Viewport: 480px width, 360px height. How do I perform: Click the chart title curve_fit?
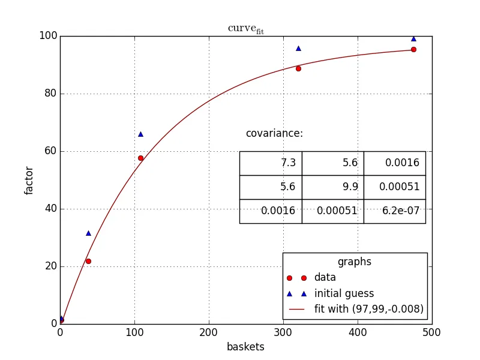(245, 29)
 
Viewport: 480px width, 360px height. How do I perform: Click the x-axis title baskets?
(245, 347)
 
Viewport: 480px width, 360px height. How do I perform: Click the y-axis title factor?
(29, 180)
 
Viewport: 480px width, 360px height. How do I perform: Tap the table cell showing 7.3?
(271, 163)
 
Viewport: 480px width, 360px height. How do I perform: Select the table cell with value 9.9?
(332, 187)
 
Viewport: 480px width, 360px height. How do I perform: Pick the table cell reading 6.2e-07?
(394, 211)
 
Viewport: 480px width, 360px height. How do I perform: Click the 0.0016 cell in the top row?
(394, 163)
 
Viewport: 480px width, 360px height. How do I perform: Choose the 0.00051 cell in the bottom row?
(332, 211)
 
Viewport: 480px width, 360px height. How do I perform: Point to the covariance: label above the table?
(274, 134)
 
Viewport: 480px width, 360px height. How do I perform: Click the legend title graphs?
(355, 262)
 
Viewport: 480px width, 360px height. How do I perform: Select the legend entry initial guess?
(344, 293)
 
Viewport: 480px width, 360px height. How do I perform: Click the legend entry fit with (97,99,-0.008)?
(369, 310)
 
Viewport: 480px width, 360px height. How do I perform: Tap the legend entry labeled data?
(325, 278)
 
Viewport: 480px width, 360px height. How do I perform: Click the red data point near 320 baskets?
(298, 68)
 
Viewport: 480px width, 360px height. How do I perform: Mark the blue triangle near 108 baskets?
(140, 134)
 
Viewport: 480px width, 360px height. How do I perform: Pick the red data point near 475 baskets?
(413, 49)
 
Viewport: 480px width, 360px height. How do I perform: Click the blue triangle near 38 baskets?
(88, 233)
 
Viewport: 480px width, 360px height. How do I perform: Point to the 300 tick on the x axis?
(283, 331)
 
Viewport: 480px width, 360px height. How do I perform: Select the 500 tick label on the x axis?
(432, 331)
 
